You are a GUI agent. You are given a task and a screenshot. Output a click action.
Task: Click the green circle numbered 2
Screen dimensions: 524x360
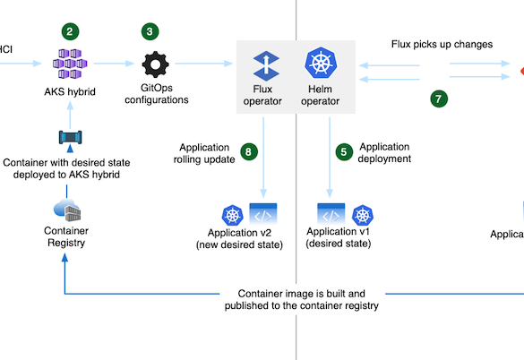coord(70,31)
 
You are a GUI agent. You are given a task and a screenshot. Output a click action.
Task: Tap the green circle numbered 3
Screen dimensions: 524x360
coord(150,31)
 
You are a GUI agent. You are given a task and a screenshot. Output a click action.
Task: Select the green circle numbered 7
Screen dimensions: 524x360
coord(439,99)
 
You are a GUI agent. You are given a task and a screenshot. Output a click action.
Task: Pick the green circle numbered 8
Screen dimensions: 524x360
coord(249,151)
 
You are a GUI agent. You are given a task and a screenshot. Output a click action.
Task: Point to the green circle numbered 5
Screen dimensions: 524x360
coord(344,152)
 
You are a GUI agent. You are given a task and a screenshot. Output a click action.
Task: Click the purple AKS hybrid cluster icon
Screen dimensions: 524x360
coord(70,64)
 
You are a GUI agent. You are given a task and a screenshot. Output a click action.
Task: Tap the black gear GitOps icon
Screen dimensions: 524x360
coord(155,64)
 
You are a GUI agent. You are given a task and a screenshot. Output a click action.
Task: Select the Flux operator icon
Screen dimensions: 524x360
coord(266,66)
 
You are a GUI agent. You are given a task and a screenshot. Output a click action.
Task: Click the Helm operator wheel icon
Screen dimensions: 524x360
coord(321,63)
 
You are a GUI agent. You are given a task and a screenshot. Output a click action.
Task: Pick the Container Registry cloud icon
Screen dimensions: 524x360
coord(67,210)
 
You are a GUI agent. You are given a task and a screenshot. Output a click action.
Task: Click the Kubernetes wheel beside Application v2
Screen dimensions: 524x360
coord(233,215)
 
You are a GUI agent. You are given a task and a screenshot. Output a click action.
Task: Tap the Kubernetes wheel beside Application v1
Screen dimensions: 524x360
coord(363,215)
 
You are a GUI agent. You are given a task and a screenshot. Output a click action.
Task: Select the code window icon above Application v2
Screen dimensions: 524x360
coord(263,214)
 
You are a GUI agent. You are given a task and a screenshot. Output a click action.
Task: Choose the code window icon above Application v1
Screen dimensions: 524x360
coord(331,214)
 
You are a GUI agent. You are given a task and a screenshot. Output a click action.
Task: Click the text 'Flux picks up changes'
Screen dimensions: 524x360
coord(442,45)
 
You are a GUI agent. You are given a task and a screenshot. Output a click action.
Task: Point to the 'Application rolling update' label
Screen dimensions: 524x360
coord(204,153)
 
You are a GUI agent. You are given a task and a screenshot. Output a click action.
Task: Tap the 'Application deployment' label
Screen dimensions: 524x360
coord(384,152)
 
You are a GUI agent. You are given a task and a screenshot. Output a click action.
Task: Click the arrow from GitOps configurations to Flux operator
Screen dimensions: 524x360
coord(204,64)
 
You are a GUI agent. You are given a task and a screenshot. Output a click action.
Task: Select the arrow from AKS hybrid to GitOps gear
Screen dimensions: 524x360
coord(114,64)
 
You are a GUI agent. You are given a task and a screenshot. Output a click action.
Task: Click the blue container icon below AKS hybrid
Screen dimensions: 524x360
coord(70,137)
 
